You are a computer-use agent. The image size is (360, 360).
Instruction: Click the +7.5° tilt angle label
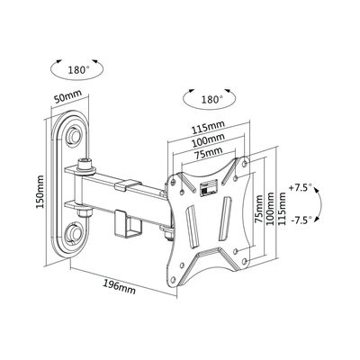[303, 189]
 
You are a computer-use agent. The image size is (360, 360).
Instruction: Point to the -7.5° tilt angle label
[303, 220]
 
